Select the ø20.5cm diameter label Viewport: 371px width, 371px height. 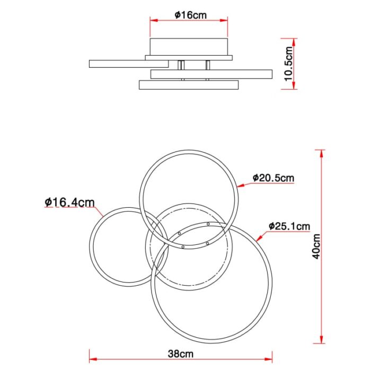point(272,178)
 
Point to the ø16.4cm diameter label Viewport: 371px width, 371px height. point(69,202)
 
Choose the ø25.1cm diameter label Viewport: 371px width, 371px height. point(289,227)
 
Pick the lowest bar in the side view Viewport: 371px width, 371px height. point(189,85)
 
